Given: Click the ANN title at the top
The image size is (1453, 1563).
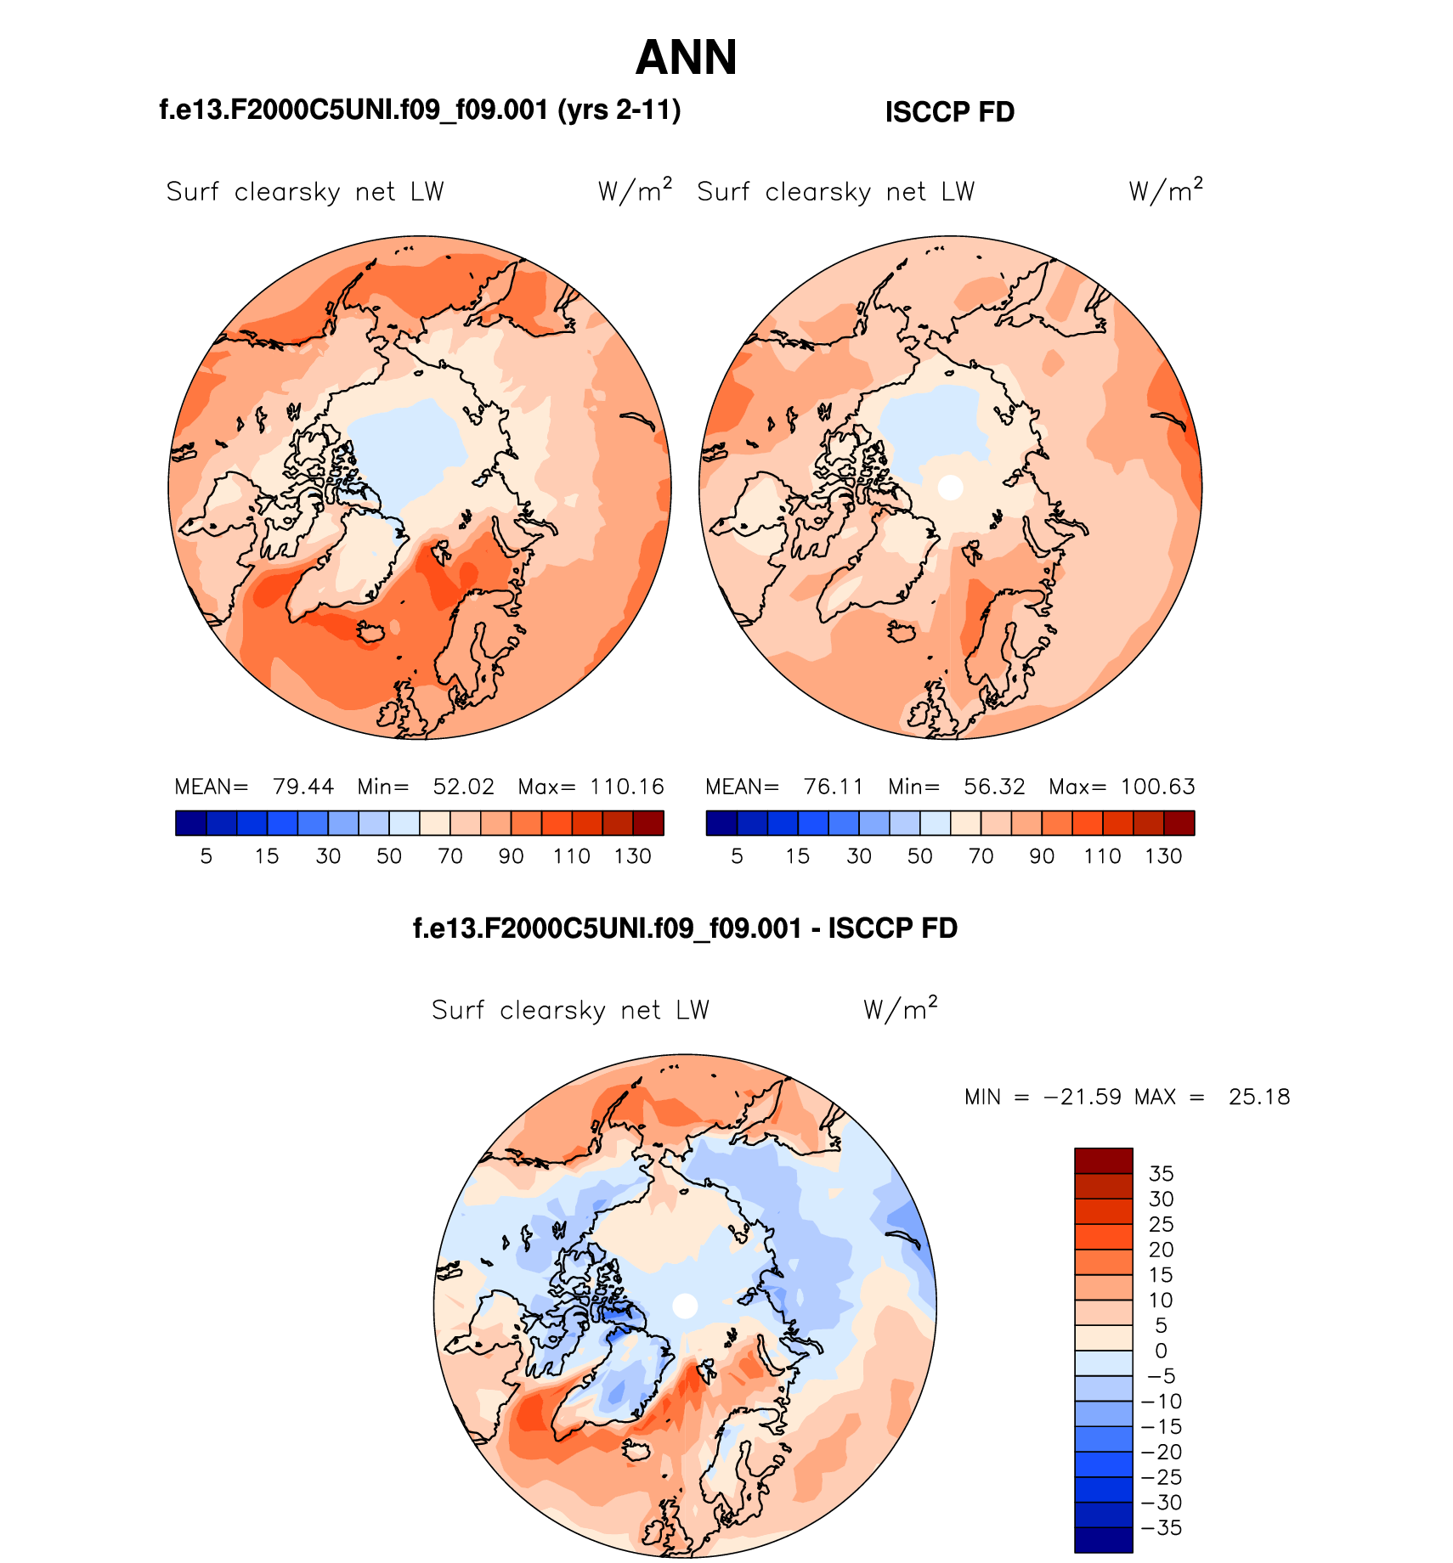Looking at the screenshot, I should (x=686, y=58).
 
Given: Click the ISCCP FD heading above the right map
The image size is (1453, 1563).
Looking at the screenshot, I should (x=949, y=112).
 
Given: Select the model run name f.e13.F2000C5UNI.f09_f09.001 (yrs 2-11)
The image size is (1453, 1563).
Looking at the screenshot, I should (x=420, y=110).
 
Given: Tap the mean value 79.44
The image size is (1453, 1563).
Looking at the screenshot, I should (x=303, y=787).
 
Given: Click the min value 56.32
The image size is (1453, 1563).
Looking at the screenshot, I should (x=994, y=787).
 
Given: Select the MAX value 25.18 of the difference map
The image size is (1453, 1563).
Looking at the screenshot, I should (x=1259, y=1097).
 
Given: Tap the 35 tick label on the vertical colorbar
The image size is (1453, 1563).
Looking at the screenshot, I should (x=1161, y=1174).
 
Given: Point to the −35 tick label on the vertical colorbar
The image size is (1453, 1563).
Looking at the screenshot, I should (x=1161, y=1528).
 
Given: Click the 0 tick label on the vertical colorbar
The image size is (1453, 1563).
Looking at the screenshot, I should (x=1161, y=1351).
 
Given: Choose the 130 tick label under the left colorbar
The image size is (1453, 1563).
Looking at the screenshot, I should (x=633, y=856).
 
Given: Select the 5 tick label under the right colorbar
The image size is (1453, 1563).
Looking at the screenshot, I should (x=737, y=856).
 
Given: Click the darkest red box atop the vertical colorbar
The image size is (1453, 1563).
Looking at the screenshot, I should (x=1103, y=1160).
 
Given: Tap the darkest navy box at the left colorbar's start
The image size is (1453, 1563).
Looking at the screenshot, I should (x=190, y=823).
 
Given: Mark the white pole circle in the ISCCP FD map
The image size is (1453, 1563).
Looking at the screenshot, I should (x=950, y=488).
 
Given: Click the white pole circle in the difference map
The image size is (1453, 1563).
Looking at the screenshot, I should (x=685, y=1306).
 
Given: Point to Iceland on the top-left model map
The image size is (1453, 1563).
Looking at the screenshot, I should (x=370, y=632).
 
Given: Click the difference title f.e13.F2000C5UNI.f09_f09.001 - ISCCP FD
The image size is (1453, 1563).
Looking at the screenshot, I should (x=685, y=928).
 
